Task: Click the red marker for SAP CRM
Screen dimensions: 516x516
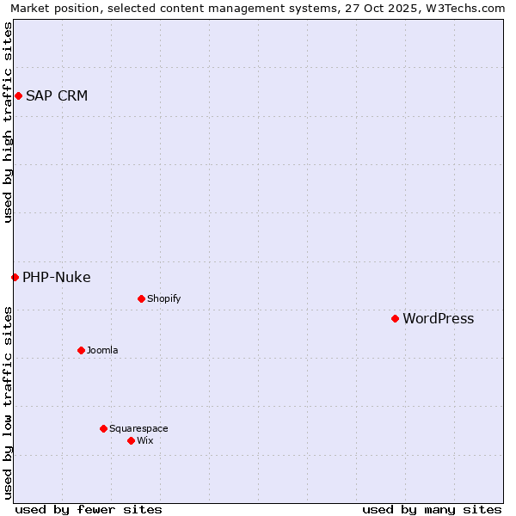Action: point(18,95)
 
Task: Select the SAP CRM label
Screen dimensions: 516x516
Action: point(57,95)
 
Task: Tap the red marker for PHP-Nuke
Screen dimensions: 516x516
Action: point(15,277)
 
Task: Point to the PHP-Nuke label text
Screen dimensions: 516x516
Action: point(57,277)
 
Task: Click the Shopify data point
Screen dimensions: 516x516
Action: point(141,298)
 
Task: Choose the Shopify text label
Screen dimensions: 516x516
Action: point(164,298)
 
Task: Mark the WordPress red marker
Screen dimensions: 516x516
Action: point(395,318)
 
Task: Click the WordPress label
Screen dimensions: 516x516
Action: point(439,318)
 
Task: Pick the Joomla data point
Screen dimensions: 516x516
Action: point(81,350)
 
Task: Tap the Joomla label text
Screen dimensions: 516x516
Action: point(102,350)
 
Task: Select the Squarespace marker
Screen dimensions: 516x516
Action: point(103,428)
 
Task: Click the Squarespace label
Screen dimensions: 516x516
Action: point(138,428)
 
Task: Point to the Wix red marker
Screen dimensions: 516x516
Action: point(131,440)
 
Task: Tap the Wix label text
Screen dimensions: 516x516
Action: point(145,440)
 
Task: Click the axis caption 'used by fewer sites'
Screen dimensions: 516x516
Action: point(89,509)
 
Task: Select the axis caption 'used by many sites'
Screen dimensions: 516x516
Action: point(432,509)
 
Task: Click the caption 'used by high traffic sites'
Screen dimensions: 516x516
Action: point(8,122)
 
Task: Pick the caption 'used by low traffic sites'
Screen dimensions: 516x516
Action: point(8,402)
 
